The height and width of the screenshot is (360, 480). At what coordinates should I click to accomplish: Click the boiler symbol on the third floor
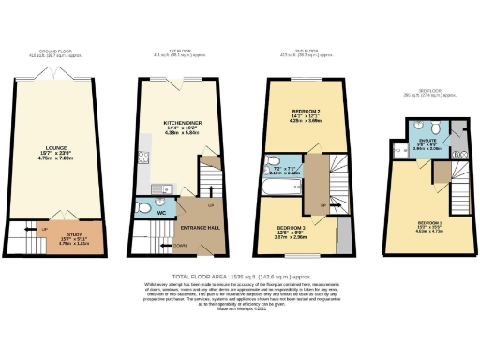458,151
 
